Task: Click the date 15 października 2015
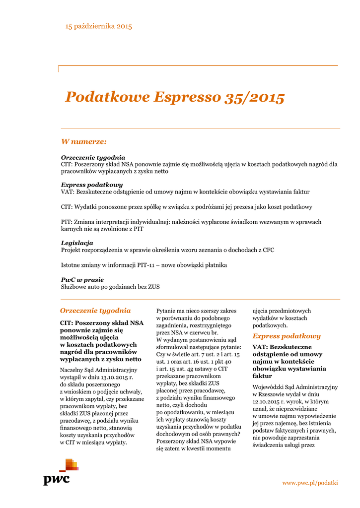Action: pyautogui.click(x=99, y=26)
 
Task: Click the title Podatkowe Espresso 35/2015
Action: pyautogui.click(x=175, y=97)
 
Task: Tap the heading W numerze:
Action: pyautogui.click(x=83, y=142)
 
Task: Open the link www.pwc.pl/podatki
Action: pyautogui.click(x=310, y=483)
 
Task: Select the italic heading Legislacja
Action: pyautogui.click(x=77, y=243)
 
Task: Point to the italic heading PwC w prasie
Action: pyautogui.click(x=82, y=280)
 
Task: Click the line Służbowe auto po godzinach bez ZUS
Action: pyautogui.click(x=110, y=287)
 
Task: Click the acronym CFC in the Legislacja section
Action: pyautogui.click(x=268, y=250)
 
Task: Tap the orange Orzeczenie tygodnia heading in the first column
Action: pyautogui.click(x=95, y=311)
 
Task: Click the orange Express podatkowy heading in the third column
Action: pyautogui.click(x=287, y=336)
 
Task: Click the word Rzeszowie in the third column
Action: pyautogui.click(x=273, y=394)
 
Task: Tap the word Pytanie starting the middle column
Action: pyautogui.click(x=167, y=311)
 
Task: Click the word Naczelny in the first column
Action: pyautogui.click(x=72, y=370)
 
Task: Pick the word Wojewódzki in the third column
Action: pyautogui.click(x=269, y=386)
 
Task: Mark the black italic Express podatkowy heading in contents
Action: pyautogui.click(x=92, y=185)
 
